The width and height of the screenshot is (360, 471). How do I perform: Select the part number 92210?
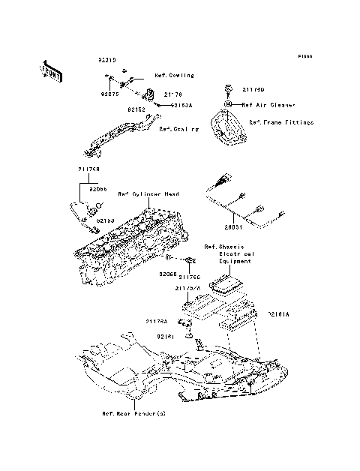click(107, 58)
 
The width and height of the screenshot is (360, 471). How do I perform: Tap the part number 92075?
click(109, 95)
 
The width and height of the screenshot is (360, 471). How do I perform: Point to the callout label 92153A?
click(181, 106)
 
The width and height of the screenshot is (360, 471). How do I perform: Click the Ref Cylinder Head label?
click(148, 194)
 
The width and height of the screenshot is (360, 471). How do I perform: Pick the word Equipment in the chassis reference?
click(235, 262)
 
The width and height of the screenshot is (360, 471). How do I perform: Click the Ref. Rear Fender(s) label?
click(129, 413)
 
